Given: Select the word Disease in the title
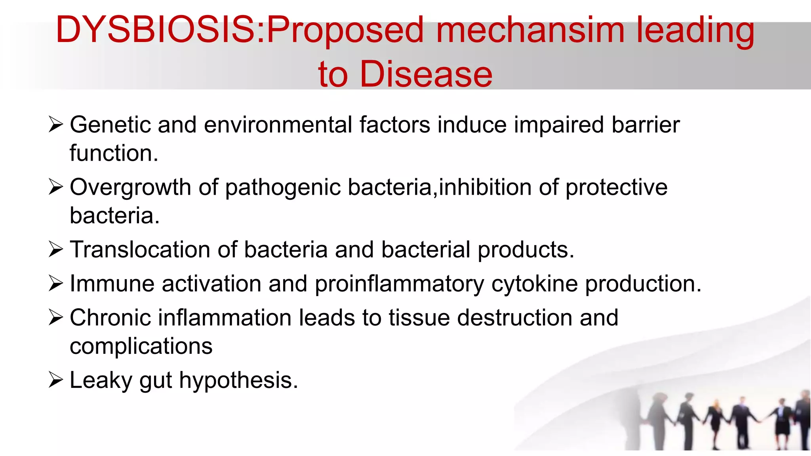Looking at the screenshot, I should coord(426,74).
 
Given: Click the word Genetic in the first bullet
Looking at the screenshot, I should coord(110,125).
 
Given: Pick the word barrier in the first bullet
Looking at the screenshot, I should coord(645,125).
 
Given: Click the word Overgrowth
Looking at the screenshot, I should coord(130,187).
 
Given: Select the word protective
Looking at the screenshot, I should coord(616,187).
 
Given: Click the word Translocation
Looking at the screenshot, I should coord(140,250).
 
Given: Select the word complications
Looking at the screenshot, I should coord(141,346).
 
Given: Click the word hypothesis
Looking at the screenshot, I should coord(238,380).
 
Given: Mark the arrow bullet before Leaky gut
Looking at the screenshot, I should coord(56,380).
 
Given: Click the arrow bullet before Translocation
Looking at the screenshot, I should coord(56,249).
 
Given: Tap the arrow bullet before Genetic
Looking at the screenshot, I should coord(56,125).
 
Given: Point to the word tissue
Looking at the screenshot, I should coord(419,318).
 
